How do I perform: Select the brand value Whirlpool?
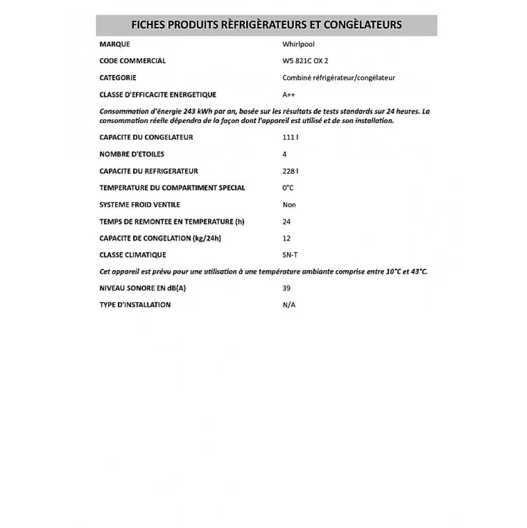click(x=298, y=44)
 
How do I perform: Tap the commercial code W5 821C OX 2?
click(x=305, y=61)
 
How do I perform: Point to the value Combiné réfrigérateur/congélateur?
click(x=338, y=78)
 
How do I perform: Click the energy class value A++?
click(x=290, y=95)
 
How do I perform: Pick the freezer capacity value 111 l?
click(x=290, y=138)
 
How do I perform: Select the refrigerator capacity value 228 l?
click(x=290, y=171)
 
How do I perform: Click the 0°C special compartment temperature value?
click(x=288, y=188)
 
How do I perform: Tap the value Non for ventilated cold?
click(x=289, y=205)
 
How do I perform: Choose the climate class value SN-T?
click(x=290, y=255)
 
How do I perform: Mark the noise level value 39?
click(x=286, y=289)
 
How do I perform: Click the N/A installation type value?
click(x=289, y=305)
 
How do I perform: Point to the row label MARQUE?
click(x=115, y=44)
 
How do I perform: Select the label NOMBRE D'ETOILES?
click(x=131, y=154)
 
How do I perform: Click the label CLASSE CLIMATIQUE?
click(x=133, y=255)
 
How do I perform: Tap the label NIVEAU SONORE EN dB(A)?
click(x=142, y=289)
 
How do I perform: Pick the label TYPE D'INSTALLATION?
click(x=135, y=305)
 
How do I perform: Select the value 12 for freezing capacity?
click(x=286, y=238)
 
